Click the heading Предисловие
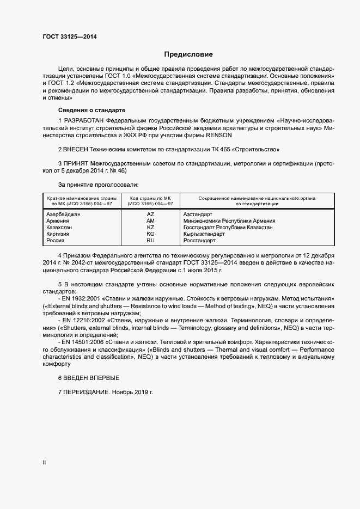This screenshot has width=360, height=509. [x=188, y=54]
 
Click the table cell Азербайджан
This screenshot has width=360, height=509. [x=64, y=214]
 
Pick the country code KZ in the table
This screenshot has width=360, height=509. [x=150, y=227]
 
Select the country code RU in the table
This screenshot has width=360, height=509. [x=150, y=240]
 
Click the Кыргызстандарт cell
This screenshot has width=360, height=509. [x=204, y=234]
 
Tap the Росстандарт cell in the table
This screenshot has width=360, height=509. [x=200, y=240]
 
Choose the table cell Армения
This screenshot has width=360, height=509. [x=58, y=221]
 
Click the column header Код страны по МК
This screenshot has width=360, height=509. [x=150, y=200]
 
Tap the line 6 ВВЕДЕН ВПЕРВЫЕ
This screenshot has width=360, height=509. [x=88, y=378]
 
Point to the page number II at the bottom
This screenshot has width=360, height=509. [x=44, y=463]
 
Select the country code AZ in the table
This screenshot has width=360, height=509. [x=150, y=214]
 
